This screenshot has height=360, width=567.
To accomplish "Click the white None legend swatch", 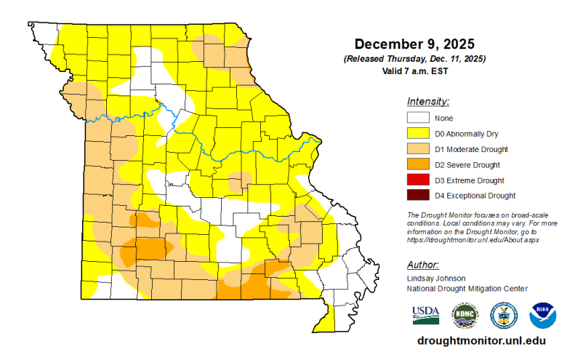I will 417,118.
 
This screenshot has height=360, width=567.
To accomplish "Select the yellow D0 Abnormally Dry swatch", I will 417,133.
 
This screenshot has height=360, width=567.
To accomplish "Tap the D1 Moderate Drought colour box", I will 417,149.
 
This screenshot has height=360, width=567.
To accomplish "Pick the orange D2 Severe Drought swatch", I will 417,164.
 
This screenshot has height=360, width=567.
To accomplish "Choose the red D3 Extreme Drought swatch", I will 417,180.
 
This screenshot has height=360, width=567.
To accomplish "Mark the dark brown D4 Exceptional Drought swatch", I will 417,195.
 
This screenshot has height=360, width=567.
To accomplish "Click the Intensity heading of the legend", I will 427,101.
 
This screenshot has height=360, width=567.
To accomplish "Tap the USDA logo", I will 426,314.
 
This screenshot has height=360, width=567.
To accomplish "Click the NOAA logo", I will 542,315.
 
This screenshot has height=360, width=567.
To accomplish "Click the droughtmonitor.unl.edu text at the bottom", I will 481,340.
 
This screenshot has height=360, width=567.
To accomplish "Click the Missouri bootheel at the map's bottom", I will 325,317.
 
